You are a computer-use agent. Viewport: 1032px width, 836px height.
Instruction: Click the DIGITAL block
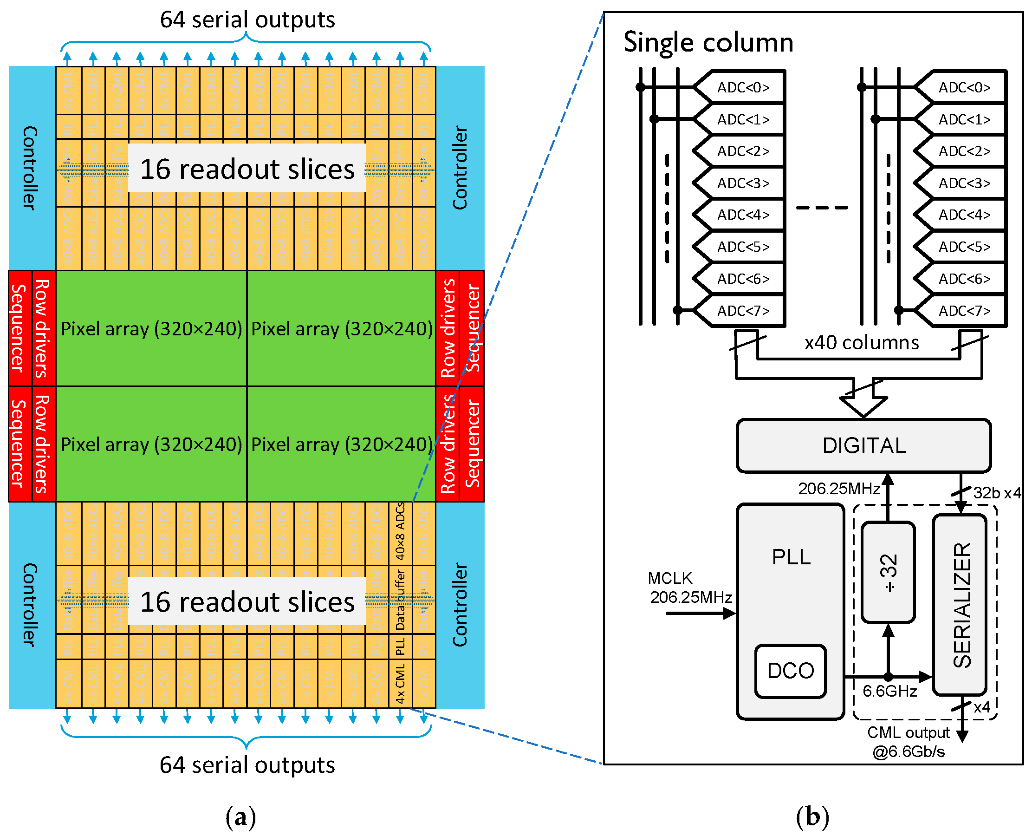pyautogui.click(x=863, y=445)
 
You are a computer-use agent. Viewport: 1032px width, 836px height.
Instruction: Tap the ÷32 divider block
pyautogui.click(x=888, y=572)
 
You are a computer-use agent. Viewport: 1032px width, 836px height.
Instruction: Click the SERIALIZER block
pyautogui.click(x=961, y=604)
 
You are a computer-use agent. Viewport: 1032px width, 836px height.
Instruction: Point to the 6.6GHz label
pyautogui.click(x=889, y=691)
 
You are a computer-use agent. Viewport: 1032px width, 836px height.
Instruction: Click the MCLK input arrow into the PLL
pyautogui.click(x=701, y=613)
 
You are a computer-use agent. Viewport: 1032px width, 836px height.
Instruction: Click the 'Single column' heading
pyautogui.click(x=707, y=42)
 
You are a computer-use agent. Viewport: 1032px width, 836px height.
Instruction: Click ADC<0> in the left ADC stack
pyautogui.click(x=743, y=87)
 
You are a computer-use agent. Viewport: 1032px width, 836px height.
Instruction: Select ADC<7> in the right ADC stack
pyautogui.click(x=964, y=311)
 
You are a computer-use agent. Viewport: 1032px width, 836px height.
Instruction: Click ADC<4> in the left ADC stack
pyautogui.click(x=743, y=215)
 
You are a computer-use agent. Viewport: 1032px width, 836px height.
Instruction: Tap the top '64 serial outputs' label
pyautogui.click(x=247, y=20)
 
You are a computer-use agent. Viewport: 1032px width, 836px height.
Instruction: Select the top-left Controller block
pyautogui.click(x=30, y=168)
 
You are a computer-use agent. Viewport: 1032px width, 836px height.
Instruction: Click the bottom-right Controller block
pyautogui.click(x=460, y=604)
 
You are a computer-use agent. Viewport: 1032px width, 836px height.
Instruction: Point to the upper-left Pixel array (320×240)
pyautogui.click(x=151, y=328)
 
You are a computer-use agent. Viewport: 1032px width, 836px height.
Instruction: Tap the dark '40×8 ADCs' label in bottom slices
pyautogui.click(x=400, y=532)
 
